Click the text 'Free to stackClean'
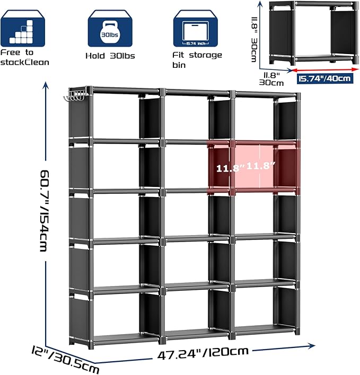click(x=24, y=58)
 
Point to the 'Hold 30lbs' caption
click(x=109, y=55)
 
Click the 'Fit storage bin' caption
click(x=197, y=59)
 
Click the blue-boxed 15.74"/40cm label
click(x=324, y=78)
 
